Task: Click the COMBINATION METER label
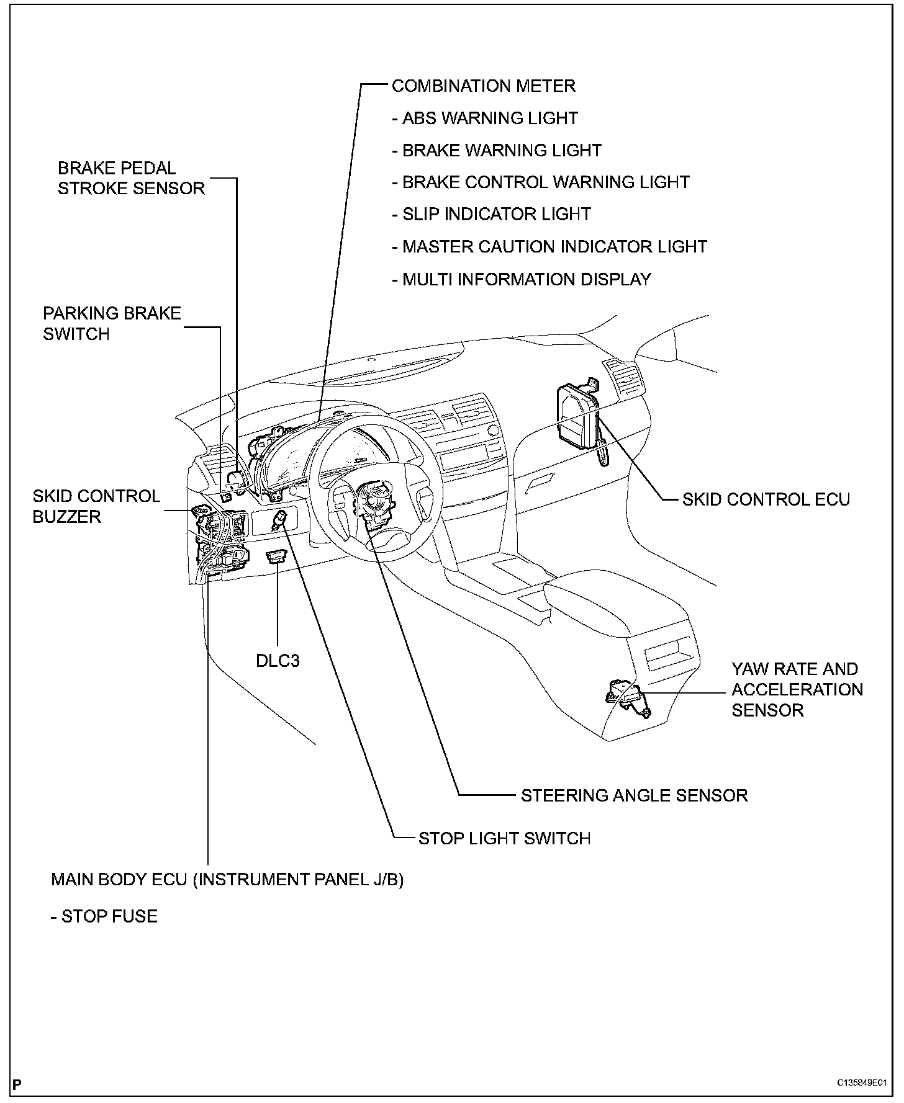483,86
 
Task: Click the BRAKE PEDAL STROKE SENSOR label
131,178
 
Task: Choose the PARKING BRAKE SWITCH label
112,323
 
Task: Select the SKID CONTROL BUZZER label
96,506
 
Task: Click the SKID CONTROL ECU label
766,499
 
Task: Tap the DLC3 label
278,661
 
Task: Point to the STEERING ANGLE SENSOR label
634,795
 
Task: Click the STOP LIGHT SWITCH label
504,838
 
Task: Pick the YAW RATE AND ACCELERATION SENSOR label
797,689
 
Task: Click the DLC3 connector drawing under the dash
276,556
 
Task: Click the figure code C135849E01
861,1083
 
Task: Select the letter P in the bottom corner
17,1084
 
